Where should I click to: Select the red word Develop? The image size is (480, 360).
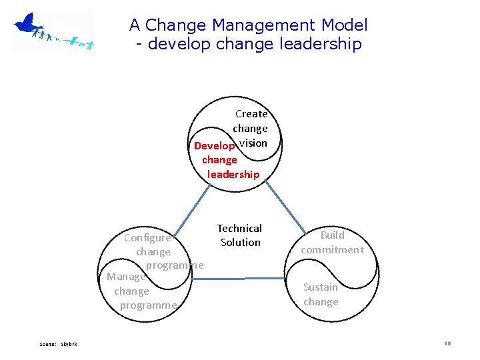click(x=214, y=146)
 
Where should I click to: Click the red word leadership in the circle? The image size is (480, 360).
click(x=233, y=174)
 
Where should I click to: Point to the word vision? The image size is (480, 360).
click(x=253, y=143)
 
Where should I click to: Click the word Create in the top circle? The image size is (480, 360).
click(x=251, y=114)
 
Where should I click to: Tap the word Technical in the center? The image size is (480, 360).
click(x=239, y=228)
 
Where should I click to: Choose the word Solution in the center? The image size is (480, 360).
click(x=240, y=242)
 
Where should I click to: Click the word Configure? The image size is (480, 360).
click(x=147, y=238)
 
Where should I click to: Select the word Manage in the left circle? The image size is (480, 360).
click(x=126, y=276)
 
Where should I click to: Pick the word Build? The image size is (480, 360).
click(x=332, y=235)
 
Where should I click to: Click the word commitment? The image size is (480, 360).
click(x=332, y=249)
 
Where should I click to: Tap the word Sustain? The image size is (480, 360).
click(x=321, y=287)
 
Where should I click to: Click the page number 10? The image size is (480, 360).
click(x=448, y=343)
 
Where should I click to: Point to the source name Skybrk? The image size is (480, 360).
click(x=69, y=344)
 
